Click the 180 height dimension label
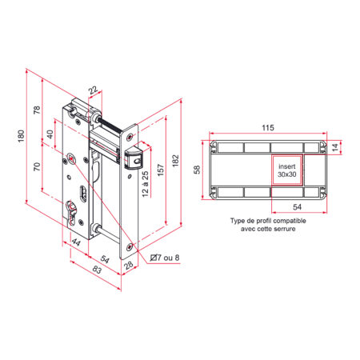(21, 136)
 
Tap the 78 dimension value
(37, 110)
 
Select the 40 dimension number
(50, 134)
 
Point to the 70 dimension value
(37, 166)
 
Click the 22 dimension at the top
(93, 90)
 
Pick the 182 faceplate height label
(175, 161)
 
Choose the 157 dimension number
(161, 170)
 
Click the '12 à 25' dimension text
(145, 184)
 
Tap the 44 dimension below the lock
(76, 242)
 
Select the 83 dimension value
(97, 270)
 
